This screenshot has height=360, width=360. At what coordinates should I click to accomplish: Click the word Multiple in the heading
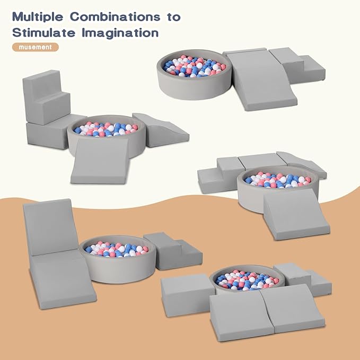[x=38, y=17]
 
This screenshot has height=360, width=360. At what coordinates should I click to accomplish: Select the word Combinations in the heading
[x=115, y=16]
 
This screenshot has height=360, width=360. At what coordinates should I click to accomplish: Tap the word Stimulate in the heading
[x=43, y=32]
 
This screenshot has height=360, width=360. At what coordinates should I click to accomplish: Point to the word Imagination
[x=120, y=33]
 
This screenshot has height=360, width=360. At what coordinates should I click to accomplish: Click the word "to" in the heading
[x=174, y=17]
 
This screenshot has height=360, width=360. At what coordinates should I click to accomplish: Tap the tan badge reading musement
[x=36, y=47]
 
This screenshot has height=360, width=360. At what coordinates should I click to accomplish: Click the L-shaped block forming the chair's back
[x=46, y=97]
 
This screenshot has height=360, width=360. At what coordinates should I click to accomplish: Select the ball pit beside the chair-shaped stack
[x=107, y=135]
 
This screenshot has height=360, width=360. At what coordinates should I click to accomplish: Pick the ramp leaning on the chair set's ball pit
[x=101, y=161]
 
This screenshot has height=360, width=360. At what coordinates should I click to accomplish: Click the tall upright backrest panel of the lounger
[x=50, y=227]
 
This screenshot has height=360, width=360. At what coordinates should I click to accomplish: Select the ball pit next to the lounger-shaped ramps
[x=118, y=259]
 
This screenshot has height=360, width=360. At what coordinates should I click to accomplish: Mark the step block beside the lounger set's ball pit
[x=173, y=251]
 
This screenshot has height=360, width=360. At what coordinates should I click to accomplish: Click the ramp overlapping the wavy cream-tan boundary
[x=296, y=215]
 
